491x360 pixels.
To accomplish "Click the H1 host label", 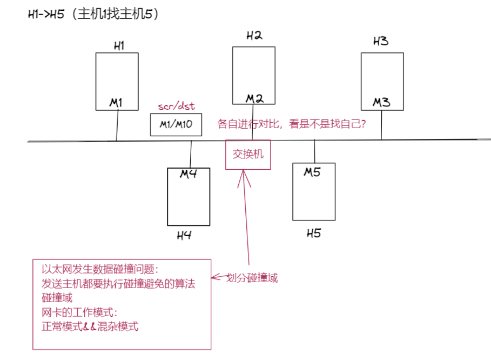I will coord(119,46).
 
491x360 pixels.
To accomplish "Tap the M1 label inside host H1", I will coord(116,102).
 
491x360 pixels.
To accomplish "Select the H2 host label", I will coord(254,36).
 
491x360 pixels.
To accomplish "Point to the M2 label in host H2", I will coord(254,98).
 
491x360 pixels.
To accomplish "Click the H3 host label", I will coord(381,41).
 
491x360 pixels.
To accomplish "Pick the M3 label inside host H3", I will coord(382,102).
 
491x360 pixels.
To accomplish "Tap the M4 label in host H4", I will coord(188,174).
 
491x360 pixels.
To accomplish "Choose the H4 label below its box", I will coord(184,236).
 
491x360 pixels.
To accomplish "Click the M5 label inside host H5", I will coord(312,172).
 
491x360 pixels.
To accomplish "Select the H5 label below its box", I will coord(314,234).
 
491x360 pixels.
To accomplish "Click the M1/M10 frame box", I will coord(176,125).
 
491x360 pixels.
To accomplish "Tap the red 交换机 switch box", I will coord(248,154).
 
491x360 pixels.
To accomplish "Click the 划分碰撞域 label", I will coord(252,278).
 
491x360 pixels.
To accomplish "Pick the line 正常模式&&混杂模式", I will coord(90,326).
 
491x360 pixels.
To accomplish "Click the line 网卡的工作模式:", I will coord(79,312).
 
